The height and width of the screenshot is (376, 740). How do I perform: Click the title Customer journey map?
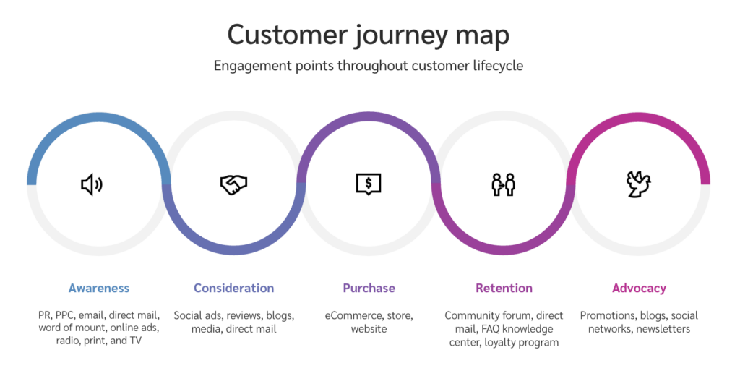[369, 34]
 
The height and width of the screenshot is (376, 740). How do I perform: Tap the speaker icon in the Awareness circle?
[91, 185]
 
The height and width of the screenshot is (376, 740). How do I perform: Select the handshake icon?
[233, 185]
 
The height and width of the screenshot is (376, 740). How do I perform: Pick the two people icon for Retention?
[503, 184]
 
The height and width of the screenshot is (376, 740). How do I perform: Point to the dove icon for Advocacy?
[638, 184]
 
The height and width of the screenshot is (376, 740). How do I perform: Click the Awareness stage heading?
[99, 288]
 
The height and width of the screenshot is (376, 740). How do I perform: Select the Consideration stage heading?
[233, 288]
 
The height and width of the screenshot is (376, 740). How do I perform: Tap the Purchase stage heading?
[369, 288]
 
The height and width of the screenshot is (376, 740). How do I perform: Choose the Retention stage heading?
[504, 288]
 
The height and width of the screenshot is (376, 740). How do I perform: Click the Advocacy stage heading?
[639, 288]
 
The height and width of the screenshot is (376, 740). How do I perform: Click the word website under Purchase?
[369, 329]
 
